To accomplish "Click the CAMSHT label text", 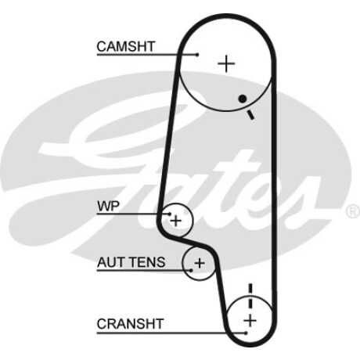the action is point(126,46).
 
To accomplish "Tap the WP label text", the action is point(108,206).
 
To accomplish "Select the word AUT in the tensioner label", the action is point(110,262).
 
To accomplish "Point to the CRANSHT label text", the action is point(130,324).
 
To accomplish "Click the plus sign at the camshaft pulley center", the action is point(226,63).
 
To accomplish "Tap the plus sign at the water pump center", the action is point(176,221).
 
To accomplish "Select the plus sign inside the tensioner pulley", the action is point(200,263).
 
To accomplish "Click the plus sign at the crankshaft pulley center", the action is point(250,320).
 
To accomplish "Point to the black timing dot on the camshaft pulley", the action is point(243,99).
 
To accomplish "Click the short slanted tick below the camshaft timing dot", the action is point(250,115).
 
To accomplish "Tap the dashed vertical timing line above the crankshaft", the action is point(250,297).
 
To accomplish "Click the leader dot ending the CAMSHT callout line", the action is point(197,55).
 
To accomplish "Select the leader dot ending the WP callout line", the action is point(170,214).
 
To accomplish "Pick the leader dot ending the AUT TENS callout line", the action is point(191,270).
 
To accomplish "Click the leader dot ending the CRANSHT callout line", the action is point(246,333).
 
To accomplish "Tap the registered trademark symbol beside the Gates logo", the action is point(353,211).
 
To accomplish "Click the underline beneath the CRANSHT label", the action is point(171,333).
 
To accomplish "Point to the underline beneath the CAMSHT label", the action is point(147,55).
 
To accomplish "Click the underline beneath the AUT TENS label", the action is point(144,270).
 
